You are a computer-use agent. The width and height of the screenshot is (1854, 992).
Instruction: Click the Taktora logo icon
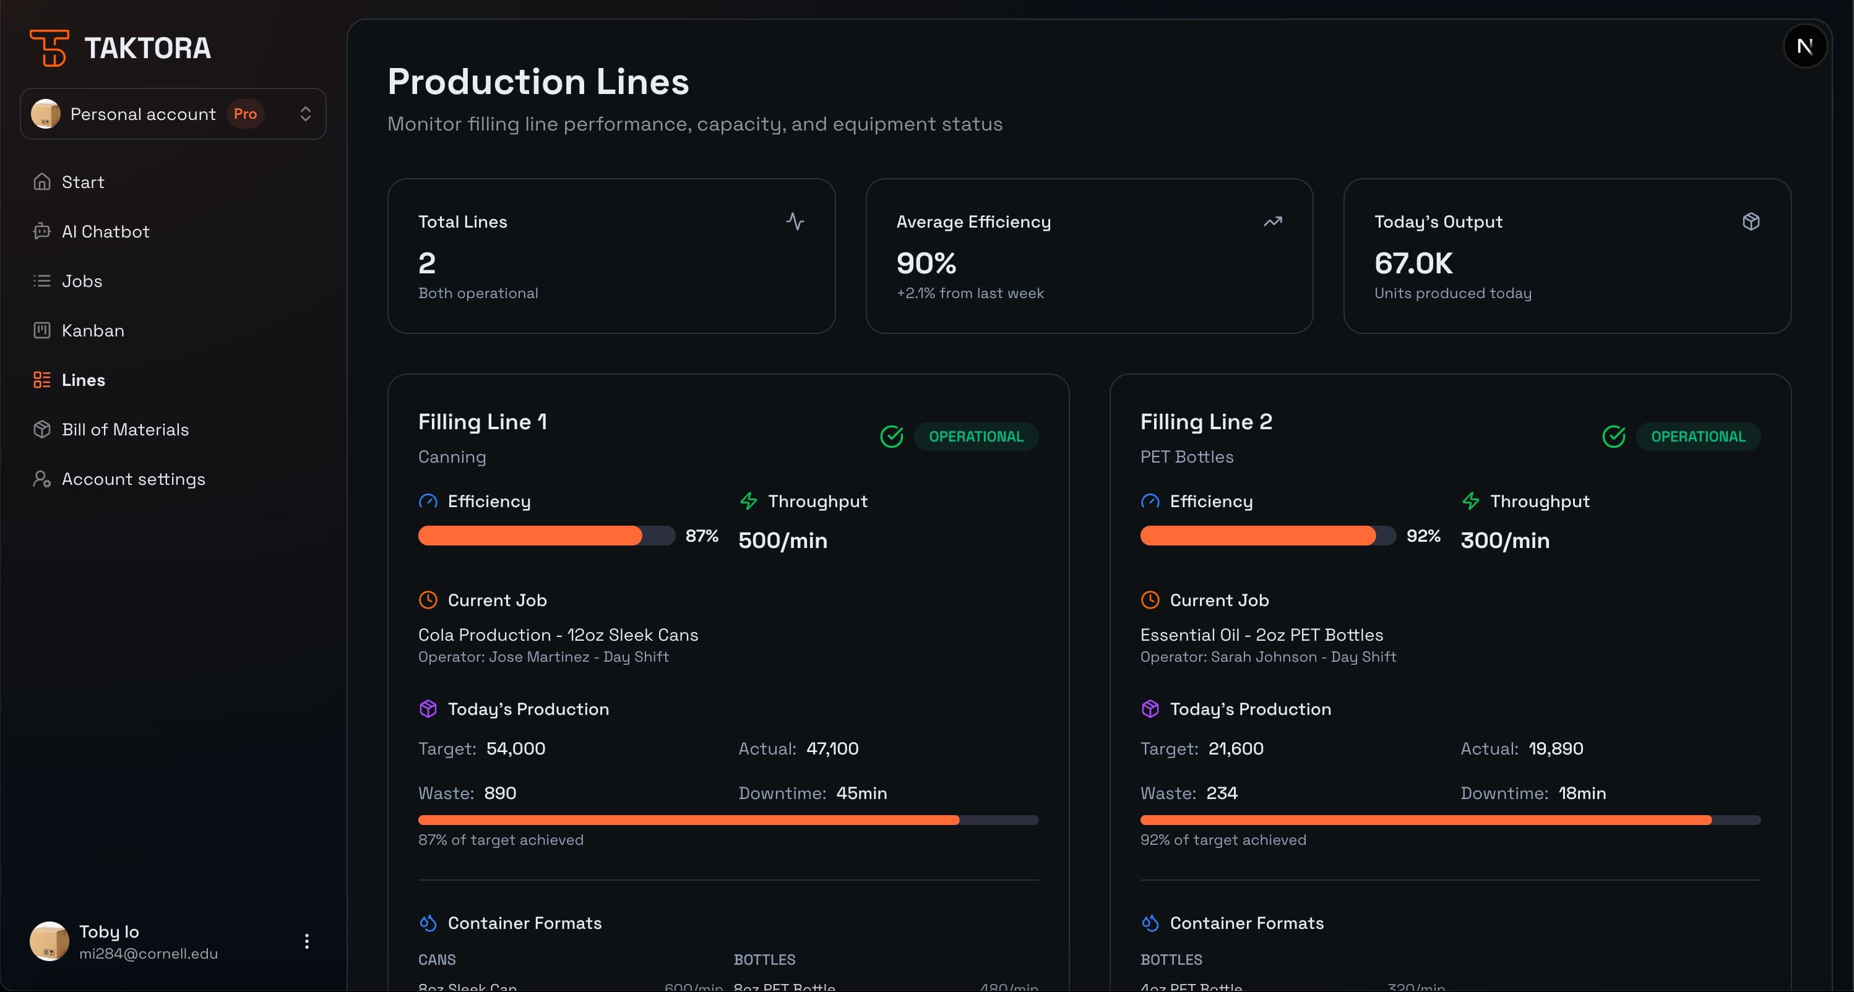48,48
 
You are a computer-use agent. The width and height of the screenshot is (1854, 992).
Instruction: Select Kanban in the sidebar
92,330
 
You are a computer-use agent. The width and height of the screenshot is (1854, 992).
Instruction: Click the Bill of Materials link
124,429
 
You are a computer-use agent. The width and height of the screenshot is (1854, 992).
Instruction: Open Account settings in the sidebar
133,479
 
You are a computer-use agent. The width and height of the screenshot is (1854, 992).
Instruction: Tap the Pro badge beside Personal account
244,114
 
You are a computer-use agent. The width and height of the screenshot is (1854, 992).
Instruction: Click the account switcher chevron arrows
305,114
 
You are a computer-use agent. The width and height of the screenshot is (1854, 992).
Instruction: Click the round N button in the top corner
1804,47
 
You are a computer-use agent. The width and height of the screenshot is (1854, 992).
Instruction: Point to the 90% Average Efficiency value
926,263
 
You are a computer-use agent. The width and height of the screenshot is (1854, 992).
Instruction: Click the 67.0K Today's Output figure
1413,263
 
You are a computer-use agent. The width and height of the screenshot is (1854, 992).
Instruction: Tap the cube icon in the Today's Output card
1751,221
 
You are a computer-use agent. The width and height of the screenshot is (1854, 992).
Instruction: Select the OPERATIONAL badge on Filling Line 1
975,437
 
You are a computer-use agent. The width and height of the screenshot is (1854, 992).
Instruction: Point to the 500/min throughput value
782,541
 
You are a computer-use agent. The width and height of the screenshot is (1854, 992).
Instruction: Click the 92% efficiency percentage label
1423,536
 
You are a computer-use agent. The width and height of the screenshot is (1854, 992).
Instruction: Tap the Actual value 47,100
832,749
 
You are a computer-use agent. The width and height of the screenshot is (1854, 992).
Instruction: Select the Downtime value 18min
1581,793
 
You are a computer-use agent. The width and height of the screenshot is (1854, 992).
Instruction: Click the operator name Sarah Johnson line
1267,657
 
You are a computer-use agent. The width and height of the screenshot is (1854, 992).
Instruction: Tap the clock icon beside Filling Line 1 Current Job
428,600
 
